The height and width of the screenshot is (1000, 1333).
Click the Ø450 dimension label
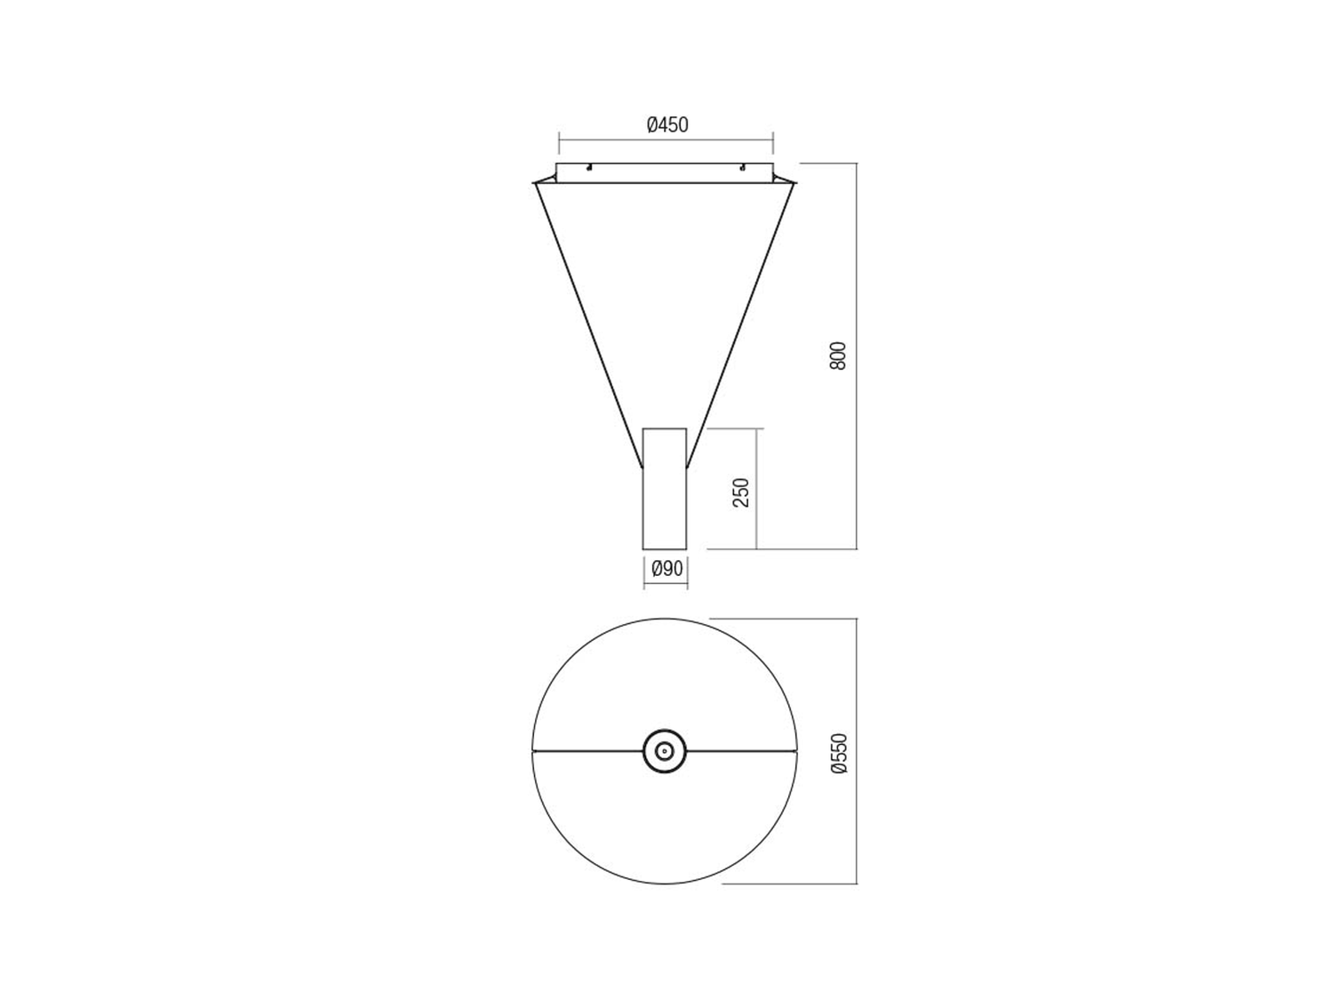click(x=667, y=125)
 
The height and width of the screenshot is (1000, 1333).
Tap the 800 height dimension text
click(x=837, y=356)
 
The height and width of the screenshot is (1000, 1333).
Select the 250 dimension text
click(x=741, y=492)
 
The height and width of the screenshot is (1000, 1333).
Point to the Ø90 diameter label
click(x=666, y=569)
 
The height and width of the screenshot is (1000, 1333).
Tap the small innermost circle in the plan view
click(x=665, y=751)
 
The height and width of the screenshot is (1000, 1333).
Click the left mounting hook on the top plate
click(x=588, y=168)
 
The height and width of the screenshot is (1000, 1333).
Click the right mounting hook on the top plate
click(x=741, y=168)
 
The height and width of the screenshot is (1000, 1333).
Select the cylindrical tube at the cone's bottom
click(x=665, y=489)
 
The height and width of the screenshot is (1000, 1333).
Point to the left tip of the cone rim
click(x=533, y=181)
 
